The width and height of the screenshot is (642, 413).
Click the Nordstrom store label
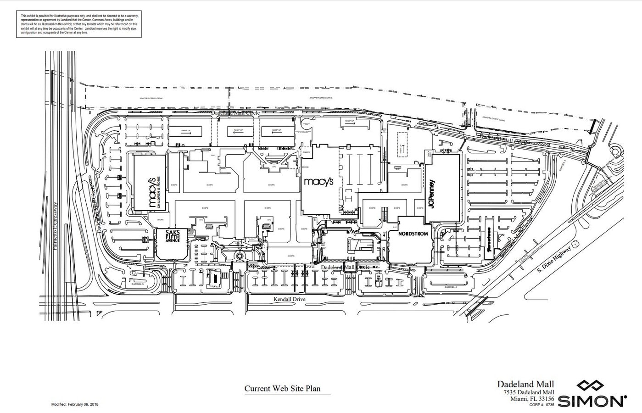click(x=413, y=234)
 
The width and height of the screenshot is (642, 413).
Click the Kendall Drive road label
click(x=290, y=299)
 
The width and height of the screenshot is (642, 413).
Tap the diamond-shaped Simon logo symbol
click(x=592, y=386)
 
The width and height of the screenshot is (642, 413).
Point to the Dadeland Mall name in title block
click(x=525, y=384)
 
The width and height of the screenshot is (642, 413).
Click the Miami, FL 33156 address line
click(x=532, y=398)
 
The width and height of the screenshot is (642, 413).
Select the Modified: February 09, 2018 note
click(x=74, y=404)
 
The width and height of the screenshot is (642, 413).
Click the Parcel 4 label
click(x=451, y=287)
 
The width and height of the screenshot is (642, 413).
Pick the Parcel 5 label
click(x=137, y=284)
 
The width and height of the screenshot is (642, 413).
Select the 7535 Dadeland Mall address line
click(x=528, y=392)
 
